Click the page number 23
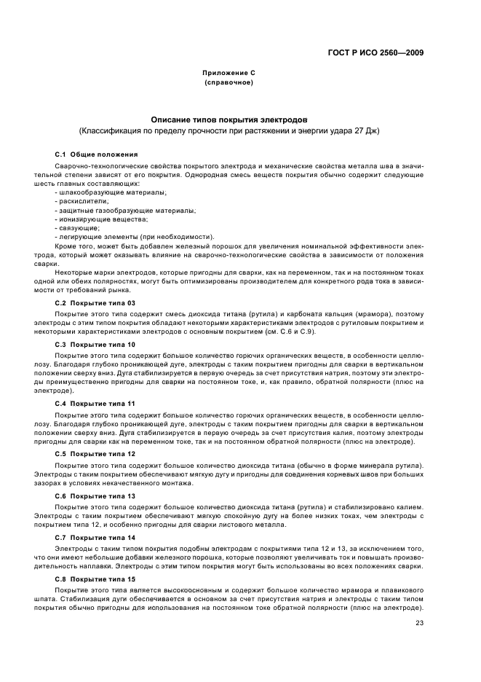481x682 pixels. point(420,622)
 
